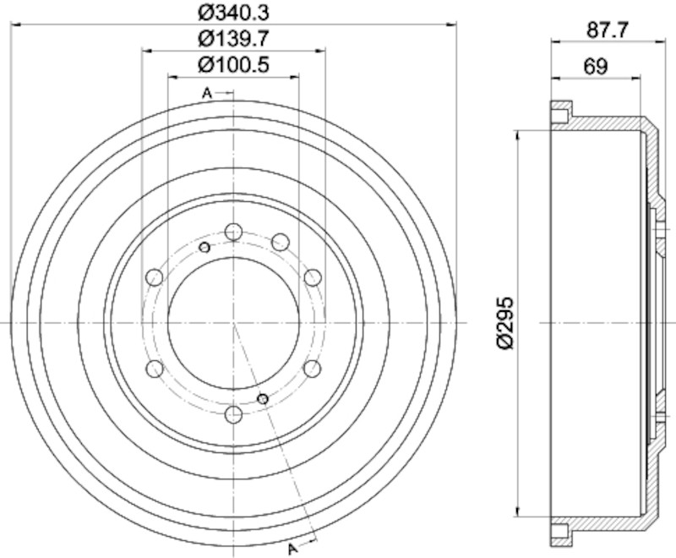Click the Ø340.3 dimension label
click(x=234, y=13)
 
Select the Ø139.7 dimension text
click(x=234, y=39)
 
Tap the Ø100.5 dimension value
click(x=234, y=65)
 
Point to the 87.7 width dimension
click(x=608, y=30)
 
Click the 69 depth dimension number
click(x=596, y=67)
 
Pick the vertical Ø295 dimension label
click(x=505, y=323)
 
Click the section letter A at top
click(x=207, y=93)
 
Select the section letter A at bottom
click(x=292, y=549)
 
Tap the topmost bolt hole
click(x=233, y=232)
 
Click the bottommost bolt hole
click(x=234, y=415)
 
